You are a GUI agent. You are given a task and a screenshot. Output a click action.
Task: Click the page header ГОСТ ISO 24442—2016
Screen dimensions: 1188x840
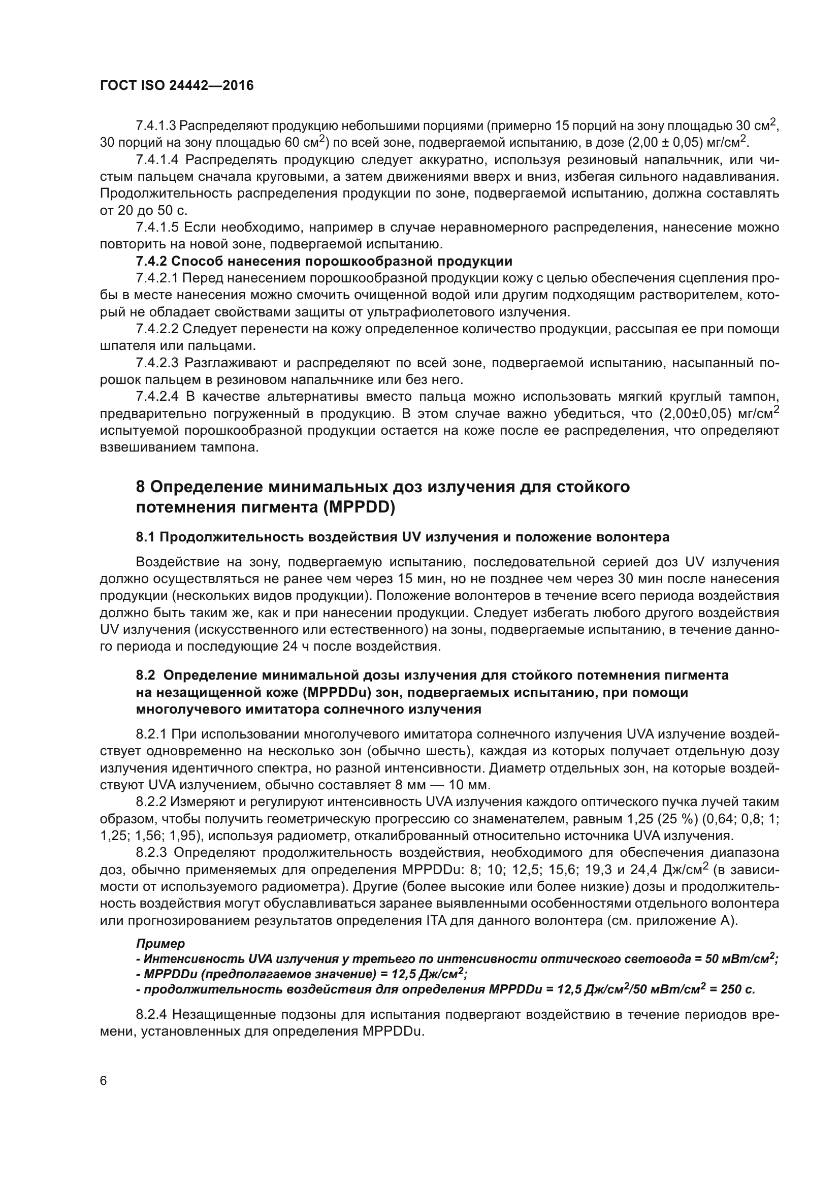point(177,86)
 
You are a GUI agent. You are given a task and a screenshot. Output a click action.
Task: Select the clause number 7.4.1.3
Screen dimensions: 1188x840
point(156,126)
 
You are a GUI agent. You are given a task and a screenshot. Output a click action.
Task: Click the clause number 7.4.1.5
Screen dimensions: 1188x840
point(157,227)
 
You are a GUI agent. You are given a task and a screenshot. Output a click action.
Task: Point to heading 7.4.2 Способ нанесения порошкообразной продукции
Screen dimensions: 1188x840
point(324,261)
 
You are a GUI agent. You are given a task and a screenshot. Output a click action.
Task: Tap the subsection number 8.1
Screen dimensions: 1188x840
point(145,537)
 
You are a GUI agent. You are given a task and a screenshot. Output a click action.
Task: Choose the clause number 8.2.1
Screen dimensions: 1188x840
point(151,734)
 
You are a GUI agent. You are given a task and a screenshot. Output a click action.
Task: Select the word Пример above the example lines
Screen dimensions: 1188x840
point(160,943)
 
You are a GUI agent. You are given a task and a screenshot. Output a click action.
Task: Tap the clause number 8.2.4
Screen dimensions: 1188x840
point(151,1015)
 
